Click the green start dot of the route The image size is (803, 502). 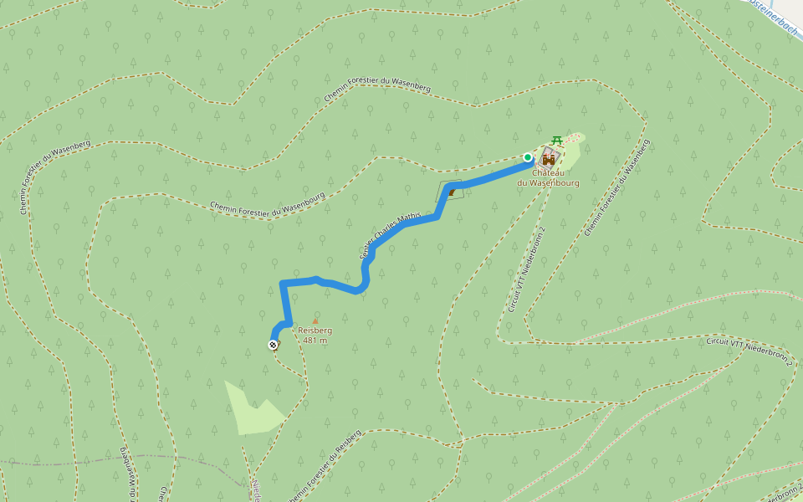pyautogui.click(x=528, y=157)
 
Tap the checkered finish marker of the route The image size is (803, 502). pyautogui.click(x=274, y=345)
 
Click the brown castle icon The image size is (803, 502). pyautogui.click(x=549, y=158)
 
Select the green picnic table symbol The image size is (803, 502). pyautogui.click(x=557, y=140)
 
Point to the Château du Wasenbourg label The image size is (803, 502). pyautogui.click(x=548, y=177)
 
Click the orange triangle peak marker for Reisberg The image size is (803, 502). pyautogui.click(x=315, y=321)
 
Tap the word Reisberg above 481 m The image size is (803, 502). pyautogui.click(x=315, y=330)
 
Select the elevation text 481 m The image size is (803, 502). pyautogui.click(x=315, y=341)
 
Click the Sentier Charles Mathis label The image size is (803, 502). pyautogui.click(x=390, y=236)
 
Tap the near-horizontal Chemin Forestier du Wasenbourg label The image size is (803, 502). pyautogui.click(x=267, y=204)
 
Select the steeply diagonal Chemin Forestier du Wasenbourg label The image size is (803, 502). pyautogui.click(x=618, y=187)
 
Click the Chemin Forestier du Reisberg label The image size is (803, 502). pyautogui.click(x=326, y=467)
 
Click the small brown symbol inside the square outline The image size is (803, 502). pyautogui.click(x=452, y=192)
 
